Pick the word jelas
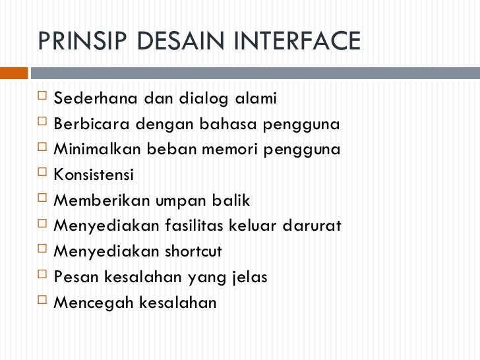click(x=250, y=278)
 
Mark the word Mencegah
click(x=88, y=303)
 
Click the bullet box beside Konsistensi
click(x=43, y=175)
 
